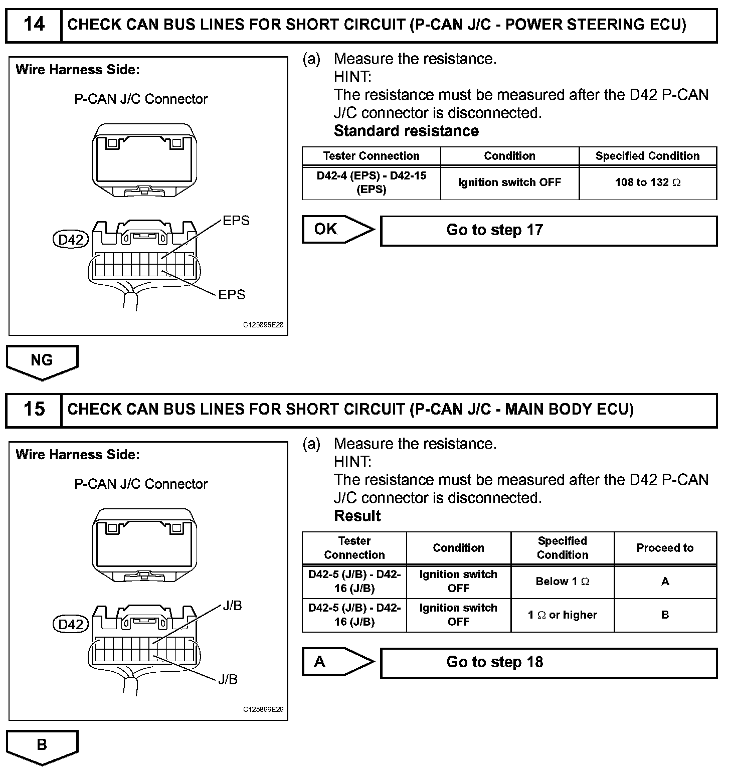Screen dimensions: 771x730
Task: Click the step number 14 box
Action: tap(34, 25)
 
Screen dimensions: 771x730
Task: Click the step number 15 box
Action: tap(34, 410)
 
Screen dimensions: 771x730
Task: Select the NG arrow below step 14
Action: tap(42, 361)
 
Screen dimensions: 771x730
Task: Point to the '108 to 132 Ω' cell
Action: tap(648, 182)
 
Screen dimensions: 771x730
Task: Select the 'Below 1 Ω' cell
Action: tap(562, 582)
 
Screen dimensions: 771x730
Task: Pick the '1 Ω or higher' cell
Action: tap(562, 615)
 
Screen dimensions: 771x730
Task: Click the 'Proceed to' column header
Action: tap(665, 548)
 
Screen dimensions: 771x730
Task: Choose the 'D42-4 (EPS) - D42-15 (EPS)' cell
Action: tap(371, 182)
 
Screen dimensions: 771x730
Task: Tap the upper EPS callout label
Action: tap(236, 221)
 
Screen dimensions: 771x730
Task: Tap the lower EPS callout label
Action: tap(232, 295)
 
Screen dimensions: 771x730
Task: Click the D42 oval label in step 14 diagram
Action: tap(71, 240)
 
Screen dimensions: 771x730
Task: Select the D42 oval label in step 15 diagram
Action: tap(71, 625)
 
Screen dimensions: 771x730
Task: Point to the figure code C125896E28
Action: tap(263, 325)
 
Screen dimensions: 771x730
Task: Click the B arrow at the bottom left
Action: tap(42, 745)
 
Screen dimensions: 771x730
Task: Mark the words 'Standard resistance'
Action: tap(406, 131)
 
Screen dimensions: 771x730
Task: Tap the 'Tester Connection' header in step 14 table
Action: tap(371, 156)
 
